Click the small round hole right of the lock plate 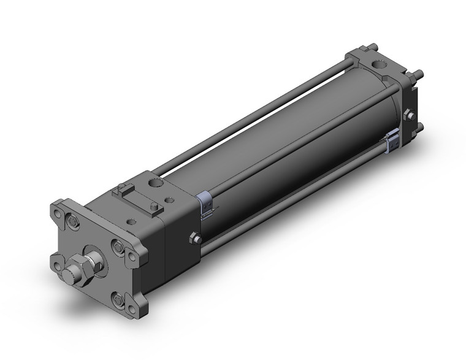point(166,207)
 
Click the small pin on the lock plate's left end point(121,188)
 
